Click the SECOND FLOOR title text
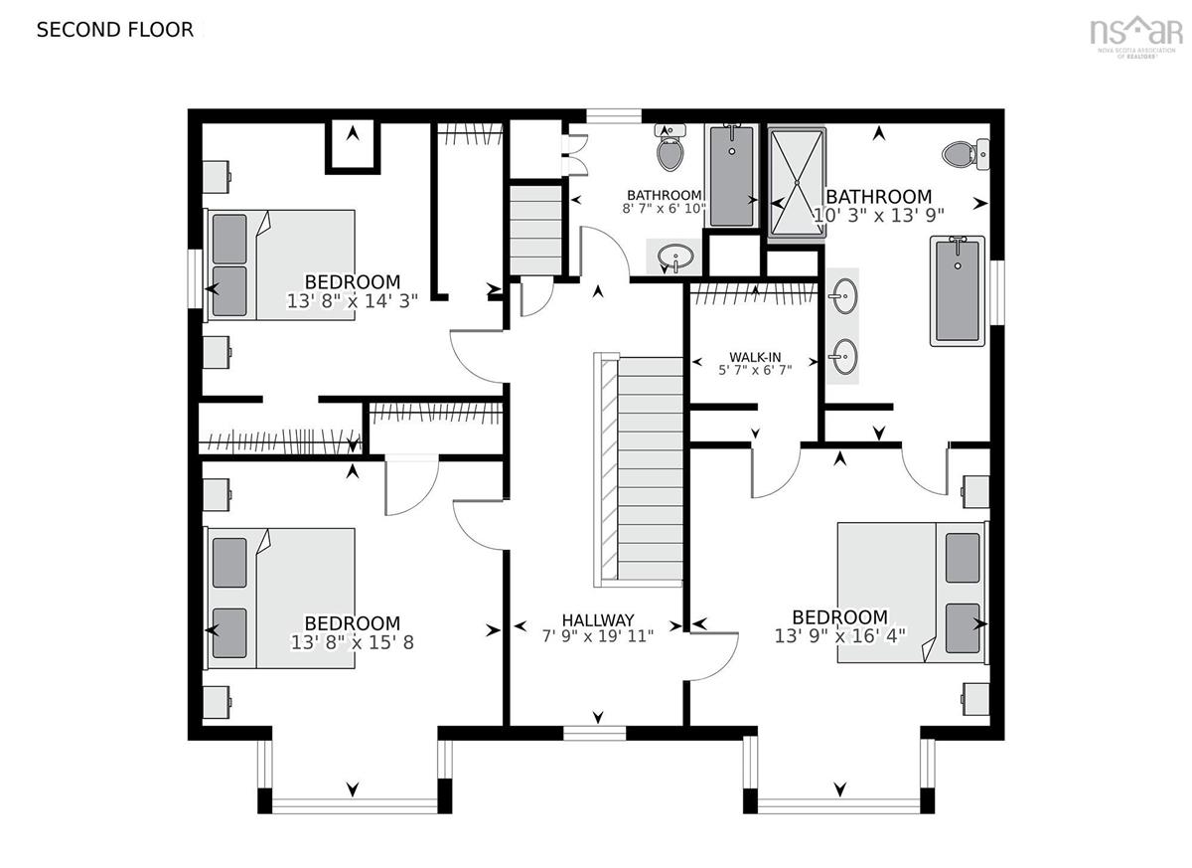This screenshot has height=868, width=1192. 115,30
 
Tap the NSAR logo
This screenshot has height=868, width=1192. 1134,36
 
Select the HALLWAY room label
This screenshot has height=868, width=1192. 598,620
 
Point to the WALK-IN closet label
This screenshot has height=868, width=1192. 755,357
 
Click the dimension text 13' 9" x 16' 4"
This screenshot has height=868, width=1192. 840,635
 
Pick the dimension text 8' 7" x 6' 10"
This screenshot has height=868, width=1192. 665,208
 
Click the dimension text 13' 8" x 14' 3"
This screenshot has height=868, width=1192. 353,301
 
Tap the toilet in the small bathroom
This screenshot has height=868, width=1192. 670,147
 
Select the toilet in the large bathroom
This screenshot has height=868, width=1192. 966,155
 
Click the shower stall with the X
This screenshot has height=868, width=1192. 797,183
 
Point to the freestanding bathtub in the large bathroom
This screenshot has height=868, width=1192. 958,291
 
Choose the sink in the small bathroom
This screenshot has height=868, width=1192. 675,258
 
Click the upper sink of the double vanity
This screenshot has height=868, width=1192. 843,295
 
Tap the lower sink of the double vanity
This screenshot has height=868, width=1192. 843,357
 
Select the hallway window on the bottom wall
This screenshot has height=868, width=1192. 594,733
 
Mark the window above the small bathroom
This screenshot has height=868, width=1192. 614,116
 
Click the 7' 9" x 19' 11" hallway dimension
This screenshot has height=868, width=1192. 598,635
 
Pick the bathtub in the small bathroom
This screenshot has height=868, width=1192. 732,176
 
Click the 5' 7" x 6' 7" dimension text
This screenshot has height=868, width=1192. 755,370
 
